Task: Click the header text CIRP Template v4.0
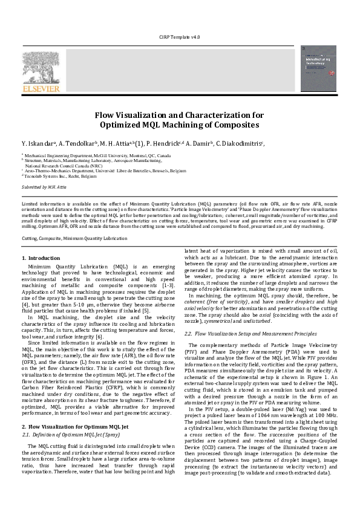[x=179, y=37]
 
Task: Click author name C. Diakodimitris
[x=313, y=144]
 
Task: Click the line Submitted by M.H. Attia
[x=44, y=187]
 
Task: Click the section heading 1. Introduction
[x=45, y=258]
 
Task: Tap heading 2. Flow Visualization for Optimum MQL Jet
[x=79, y=427]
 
